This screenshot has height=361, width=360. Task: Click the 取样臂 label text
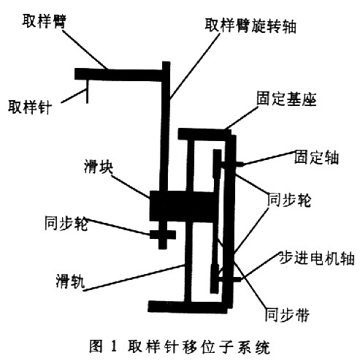tap(44, 21)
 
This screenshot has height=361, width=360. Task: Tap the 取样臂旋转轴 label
tap(250, 26)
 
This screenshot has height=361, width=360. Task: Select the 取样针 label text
tap(30, 107)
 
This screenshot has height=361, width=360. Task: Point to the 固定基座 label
tap(286, 99)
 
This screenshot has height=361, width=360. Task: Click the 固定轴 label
tap(316, 157)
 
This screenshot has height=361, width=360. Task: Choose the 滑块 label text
tap(99, 167)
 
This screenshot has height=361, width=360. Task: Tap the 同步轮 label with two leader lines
tap(289, 199)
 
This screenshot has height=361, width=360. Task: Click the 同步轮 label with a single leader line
tap(66, 223)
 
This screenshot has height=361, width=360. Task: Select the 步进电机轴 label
tap(317, 258)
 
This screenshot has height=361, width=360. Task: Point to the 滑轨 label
tap(70, 281)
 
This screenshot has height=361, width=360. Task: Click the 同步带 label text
tap(287, 315)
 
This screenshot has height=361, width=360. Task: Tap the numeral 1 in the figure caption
tap(114, 346)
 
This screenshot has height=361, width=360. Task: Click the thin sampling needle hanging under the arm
tap(87, 91)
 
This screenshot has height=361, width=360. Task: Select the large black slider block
tap(182, 206)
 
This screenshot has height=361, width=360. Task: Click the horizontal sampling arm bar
tap(118, 75)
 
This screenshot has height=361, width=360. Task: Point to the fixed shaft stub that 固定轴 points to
tap(240, 164)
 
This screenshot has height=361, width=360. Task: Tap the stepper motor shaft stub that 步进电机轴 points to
tap(239, 279)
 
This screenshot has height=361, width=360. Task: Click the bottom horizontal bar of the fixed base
tap(188, 307)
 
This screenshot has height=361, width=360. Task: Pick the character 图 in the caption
tap(96, 346)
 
